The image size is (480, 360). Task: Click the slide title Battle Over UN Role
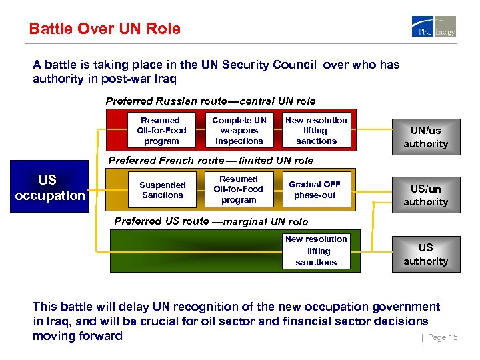point(105,29)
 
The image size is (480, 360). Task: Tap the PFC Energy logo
point(433,27)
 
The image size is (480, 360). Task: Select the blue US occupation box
point(47,188)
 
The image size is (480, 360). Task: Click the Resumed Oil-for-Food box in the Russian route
point(161,131)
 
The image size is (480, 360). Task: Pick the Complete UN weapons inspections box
point(239,131)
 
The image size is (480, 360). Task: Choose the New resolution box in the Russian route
point(316,131)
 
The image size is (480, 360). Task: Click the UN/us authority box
point(425,137)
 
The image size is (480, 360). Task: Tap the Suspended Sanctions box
point(162,190)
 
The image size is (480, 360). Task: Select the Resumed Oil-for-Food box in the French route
point(239,189)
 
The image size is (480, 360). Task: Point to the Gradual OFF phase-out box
point(314,190)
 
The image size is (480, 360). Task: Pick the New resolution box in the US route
point(316,251)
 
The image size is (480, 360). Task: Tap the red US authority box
point(425,255)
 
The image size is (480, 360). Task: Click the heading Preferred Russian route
point(211,101)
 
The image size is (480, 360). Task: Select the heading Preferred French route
point(211,160)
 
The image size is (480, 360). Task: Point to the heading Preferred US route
point(211,221)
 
